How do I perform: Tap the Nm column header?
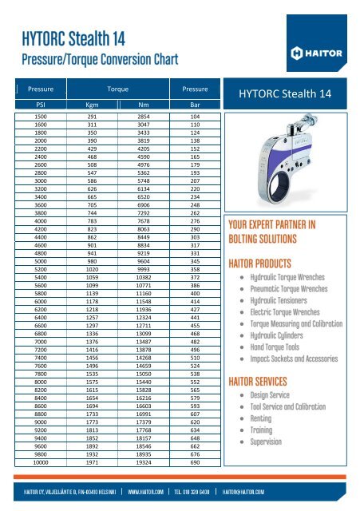coord(144,104)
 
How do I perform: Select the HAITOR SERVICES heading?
coord(267,380)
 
